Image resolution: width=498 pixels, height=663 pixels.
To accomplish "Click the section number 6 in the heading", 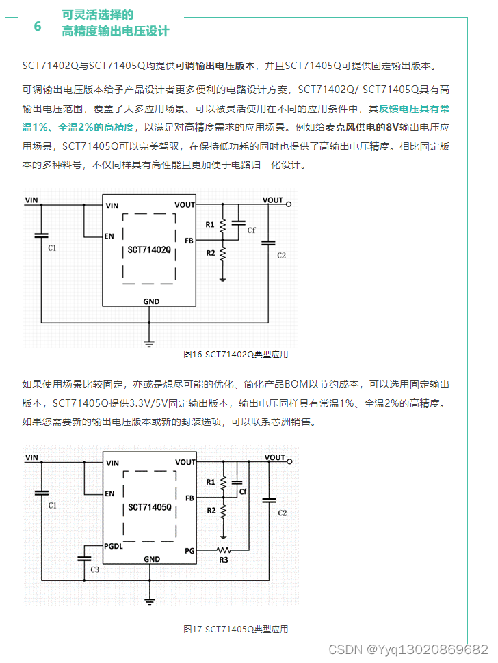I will pyautogui.click(x=38, y=27).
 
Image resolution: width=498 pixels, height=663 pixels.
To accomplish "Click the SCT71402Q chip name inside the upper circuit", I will pyautogui.click(x=149, y=250).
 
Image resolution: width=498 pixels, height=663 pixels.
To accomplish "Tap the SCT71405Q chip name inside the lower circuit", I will pyautogui.click(x=149, y=509).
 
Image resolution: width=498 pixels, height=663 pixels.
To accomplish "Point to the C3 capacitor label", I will pyautogui.click(x=94, y=569).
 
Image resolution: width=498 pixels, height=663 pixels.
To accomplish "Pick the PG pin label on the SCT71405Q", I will pyautogui.click(x=189, y=550).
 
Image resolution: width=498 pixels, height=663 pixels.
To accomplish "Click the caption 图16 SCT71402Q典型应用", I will pyautogui.click(x=236, y=354).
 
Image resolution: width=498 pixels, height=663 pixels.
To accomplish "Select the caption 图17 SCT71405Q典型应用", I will pyautogui.click(x=236, y=629).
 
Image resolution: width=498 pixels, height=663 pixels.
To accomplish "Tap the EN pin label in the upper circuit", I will pyautogui.click(x=109, y=236).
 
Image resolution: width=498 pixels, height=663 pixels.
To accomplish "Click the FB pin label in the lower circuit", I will pyautogui.click(x=189, y=498).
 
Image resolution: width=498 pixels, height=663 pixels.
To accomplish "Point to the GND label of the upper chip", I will pyautogui.click(x=151, y=301).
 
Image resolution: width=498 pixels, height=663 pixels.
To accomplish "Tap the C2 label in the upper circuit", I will pyautogui.click(x=281, y=255).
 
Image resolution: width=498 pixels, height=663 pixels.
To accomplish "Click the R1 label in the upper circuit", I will pyautogui.click(x=210, y=224).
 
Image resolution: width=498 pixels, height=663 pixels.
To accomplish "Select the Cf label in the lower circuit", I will pyautogui.click(x=243, y=491).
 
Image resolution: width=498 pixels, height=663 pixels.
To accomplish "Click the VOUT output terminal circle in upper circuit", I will pyautogui.click(x=289, y=204).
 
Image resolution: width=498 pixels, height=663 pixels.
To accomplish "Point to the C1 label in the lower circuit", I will pyautogui.click(x=53, y=505).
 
